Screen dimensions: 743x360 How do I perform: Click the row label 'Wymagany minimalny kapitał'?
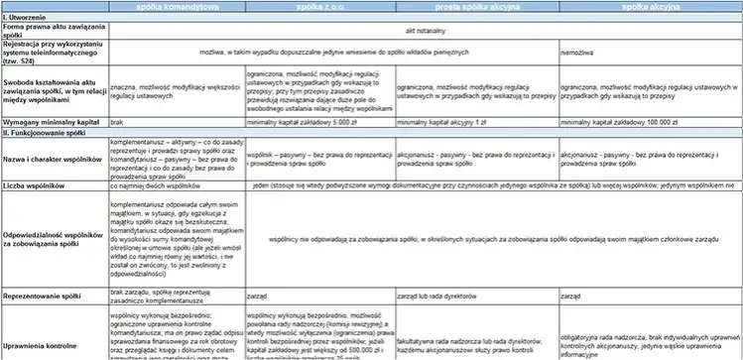coord(50,122)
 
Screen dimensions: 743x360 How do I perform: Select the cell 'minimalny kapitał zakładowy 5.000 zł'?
coord(288,122)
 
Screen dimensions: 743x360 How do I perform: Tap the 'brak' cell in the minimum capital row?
coord(117,122)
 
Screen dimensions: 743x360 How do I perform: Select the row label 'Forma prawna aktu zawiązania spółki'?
coord(47,31)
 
